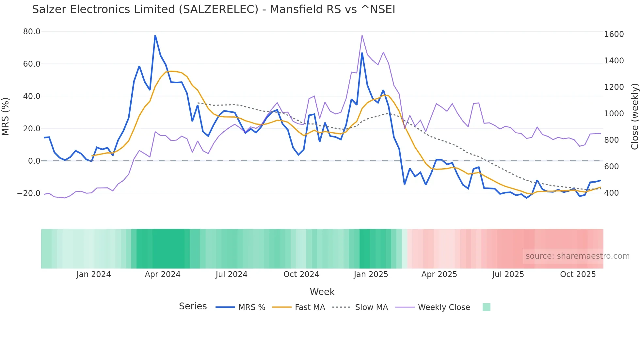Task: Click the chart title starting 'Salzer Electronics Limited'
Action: [x=214, y=9]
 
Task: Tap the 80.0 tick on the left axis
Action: [x=32, y=32]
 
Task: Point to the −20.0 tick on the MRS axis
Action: [x=29, y=193]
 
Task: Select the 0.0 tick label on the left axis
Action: [x=34, y=161]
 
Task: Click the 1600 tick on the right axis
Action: [x=614, y=34]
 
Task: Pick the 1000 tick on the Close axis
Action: [x=614, y=114]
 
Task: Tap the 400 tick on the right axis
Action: [x=612, y=193]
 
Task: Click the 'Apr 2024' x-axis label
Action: [x=163, y=274]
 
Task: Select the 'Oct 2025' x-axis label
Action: [x=578, y=274]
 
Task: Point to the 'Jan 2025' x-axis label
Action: [x=371, y=274]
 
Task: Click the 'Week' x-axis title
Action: [x=322, y=292]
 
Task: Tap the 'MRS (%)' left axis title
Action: [x=5, y=116]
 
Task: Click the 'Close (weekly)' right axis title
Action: [x=634, y=116]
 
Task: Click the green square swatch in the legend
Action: [x=486, y=307]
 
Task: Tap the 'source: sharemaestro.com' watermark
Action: [x=577, y=256]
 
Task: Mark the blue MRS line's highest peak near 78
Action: [x=155, y=36]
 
